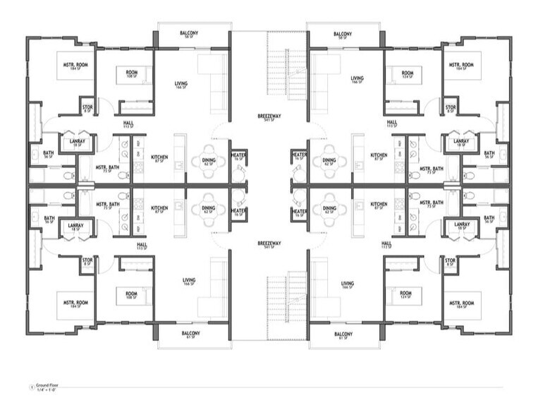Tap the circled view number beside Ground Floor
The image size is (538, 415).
tap(29, 386)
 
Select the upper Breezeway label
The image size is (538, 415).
tap(268, 117)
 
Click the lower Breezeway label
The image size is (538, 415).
tap(268, 245)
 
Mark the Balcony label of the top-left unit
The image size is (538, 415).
tap(188, 34)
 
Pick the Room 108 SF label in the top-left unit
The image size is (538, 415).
tap(132, 73)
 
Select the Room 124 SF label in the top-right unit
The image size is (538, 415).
tap(407, 74)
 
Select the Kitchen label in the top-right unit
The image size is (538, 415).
tap(379, 157)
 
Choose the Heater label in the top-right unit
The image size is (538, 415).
tap(300, 156)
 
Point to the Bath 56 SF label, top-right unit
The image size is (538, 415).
tap(489, 154)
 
